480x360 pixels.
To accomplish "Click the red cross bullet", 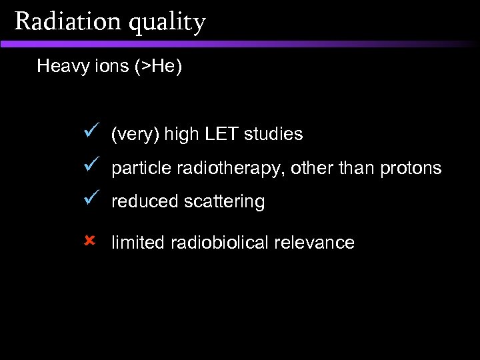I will point(92,239).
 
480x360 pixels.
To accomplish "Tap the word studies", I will point(273,134).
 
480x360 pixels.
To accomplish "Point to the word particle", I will point(141,169).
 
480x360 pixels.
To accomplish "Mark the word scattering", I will point(222,202).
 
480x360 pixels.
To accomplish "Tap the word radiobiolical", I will point(223,243).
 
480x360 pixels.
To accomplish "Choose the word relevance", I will point(317,243).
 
